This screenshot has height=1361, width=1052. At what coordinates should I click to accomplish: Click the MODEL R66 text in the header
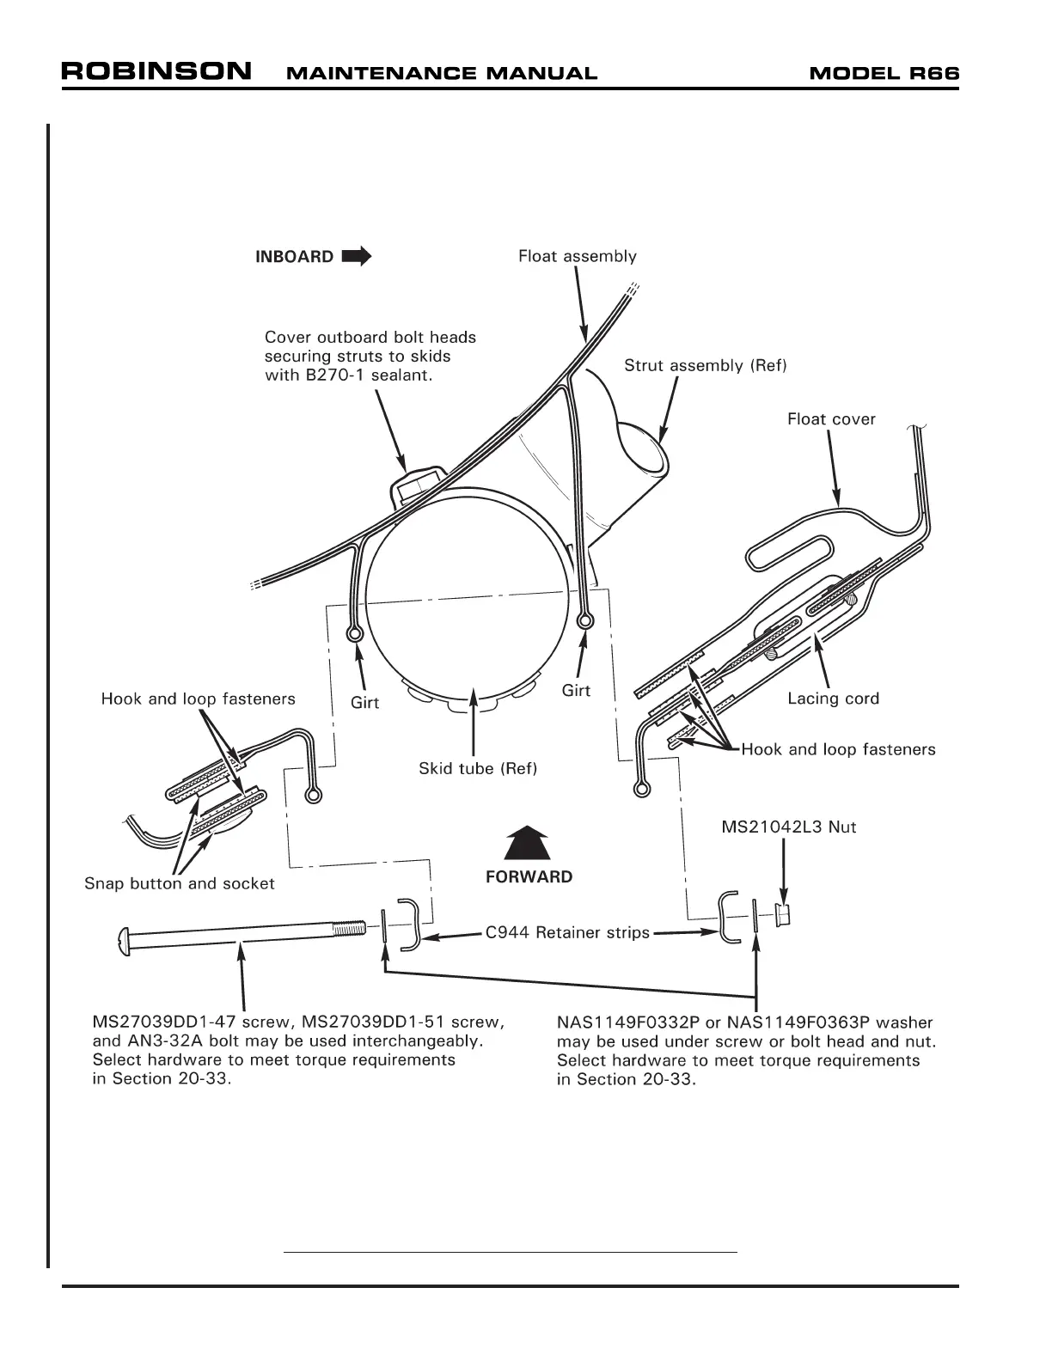[884, 73]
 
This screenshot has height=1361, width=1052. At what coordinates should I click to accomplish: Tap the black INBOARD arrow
[357, 256]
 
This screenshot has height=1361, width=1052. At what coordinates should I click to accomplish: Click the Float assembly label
[577, 256]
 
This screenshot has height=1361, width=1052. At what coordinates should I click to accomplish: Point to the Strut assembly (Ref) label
[705, 365]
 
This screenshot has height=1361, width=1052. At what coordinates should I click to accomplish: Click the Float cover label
[831, 419]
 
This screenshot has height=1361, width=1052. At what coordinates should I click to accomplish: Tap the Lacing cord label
[833, 699]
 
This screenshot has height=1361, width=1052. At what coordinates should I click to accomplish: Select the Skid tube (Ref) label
[477, 768]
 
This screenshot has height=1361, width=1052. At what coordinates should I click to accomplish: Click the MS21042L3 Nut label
[788, 827]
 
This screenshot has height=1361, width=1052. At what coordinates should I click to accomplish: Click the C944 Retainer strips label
[567, 932]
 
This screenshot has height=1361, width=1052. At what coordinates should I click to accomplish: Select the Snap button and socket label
[179, 883]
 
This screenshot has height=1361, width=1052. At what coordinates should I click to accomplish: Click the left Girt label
[364, 703]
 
